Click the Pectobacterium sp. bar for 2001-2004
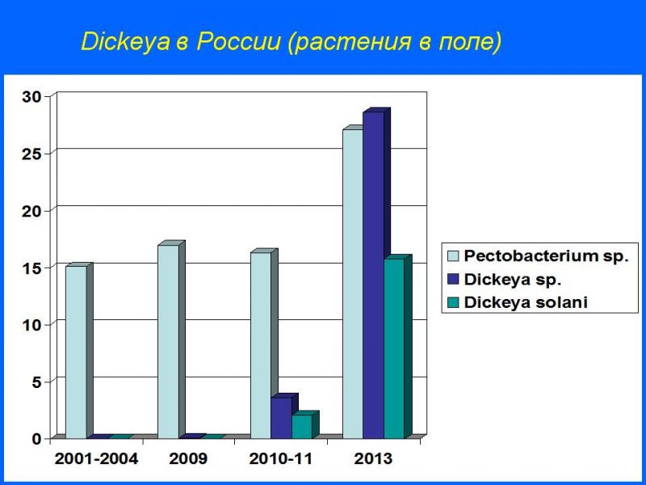pos(77,352)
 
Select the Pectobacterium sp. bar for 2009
pos(169,341)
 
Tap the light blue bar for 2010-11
pos(261,345)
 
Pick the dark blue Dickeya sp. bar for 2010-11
pos(282,417)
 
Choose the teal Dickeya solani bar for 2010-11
pos(302,427)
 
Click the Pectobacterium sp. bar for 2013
pos(353,284)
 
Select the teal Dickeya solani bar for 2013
pos(395,348)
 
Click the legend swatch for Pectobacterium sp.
pos(453,256)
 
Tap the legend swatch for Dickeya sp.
pos(453,279)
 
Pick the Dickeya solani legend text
pos(526,302)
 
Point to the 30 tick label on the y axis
pos(32,97)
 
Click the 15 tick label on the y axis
pos(32,268)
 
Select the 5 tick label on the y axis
pos(37,382)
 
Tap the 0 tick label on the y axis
pos(37,439)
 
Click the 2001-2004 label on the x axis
pos(96,459)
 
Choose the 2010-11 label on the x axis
pos(280,459)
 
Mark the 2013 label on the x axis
pos(373,459)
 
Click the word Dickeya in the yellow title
pos(126,42)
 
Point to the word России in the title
pos(238,41)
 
